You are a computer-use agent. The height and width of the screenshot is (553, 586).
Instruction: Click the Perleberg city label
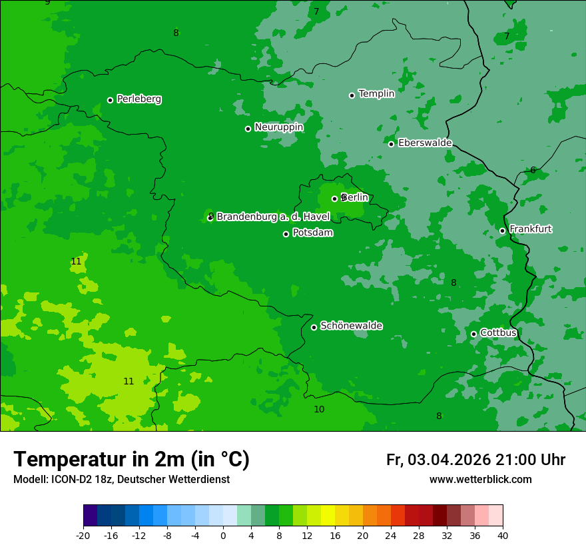click(x=139, y=99)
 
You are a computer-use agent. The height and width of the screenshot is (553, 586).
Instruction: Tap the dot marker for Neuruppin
click(x=248, y=129)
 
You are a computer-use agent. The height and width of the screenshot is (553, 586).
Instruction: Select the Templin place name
click(x=376, y=94)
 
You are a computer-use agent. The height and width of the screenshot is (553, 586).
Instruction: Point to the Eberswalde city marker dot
click(x=392, y=144)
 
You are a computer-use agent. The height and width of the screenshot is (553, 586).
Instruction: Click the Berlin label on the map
click(x=354, y=197)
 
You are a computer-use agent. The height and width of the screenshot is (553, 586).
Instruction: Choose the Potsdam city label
click(x=312, y=233)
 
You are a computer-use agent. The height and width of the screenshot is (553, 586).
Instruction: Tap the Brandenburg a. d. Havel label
click(x=273, y=217)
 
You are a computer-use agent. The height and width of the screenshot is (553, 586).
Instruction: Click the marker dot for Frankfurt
click(x=502, y=231)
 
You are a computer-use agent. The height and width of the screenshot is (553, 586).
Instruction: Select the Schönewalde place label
click(x=351, y=326)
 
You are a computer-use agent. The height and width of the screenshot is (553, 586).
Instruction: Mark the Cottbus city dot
click(x=473, y=334)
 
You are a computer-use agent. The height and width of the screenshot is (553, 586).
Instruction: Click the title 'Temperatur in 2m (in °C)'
click(x=131, y=460)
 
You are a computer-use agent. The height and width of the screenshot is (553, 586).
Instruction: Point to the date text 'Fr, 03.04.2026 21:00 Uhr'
click(x=475, y=460)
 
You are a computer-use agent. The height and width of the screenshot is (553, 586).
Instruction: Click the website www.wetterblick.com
click(x=480, y=480)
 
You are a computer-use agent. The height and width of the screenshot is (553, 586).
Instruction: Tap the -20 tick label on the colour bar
click(x=83, y=536)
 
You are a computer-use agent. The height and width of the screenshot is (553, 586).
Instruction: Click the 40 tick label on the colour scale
click(x=503, y=536)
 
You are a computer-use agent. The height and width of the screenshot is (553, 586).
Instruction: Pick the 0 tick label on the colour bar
click(x=223, y=536)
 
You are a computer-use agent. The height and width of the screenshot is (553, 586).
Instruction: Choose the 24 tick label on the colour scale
click(x=391, y=536)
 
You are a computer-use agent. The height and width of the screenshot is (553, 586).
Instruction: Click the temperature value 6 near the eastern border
click(x=533, y=171)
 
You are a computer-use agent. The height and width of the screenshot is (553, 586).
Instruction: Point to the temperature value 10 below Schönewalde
click(x=319, y=409)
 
